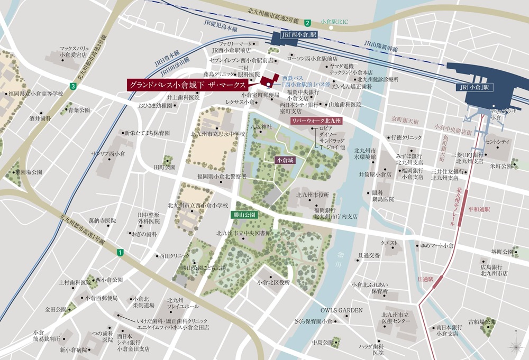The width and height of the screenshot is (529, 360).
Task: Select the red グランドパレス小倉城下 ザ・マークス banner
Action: coord(188,85)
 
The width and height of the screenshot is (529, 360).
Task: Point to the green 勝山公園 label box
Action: coord(244,215)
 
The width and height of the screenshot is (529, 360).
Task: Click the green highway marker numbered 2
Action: coord(307,22)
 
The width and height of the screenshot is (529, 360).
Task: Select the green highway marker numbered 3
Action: coord(72,86)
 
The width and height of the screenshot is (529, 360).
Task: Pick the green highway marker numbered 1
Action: coord(121,253)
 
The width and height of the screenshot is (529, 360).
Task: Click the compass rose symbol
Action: coord(515,346)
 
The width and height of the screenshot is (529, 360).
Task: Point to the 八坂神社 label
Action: coord(261,127)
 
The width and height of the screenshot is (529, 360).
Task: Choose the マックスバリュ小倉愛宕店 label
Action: coord(74,51)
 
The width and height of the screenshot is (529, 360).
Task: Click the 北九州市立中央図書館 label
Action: coord(243,233)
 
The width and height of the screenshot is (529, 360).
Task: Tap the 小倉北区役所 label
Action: coord(274,282)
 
